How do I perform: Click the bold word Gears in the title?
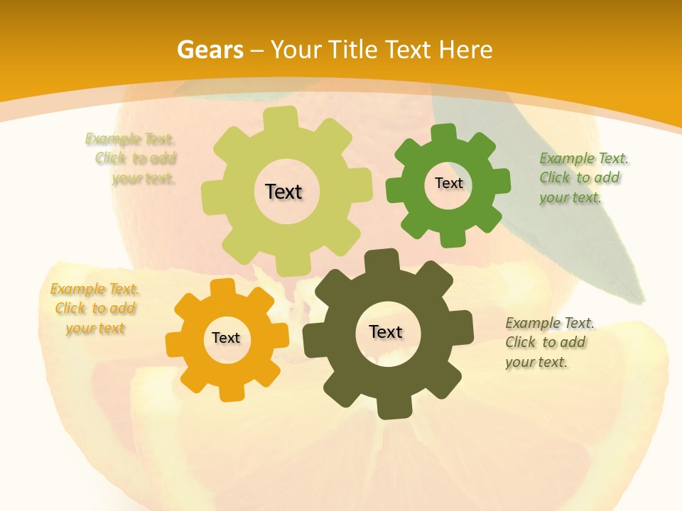[210, 50]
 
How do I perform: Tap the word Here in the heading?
[466, 50]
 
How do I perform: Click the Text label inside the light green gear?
[283, 192]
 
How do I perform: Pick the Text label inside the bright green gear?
[449, 183]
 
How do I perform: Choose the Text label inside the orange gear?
[226, 339]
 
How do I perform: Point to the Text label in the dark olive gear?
[386, 332]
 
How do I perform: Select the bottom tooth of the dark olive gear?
[388, 408]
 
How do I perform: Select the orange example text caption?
[94, 309]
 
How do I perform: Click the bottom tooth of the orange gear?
[230, 392]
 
